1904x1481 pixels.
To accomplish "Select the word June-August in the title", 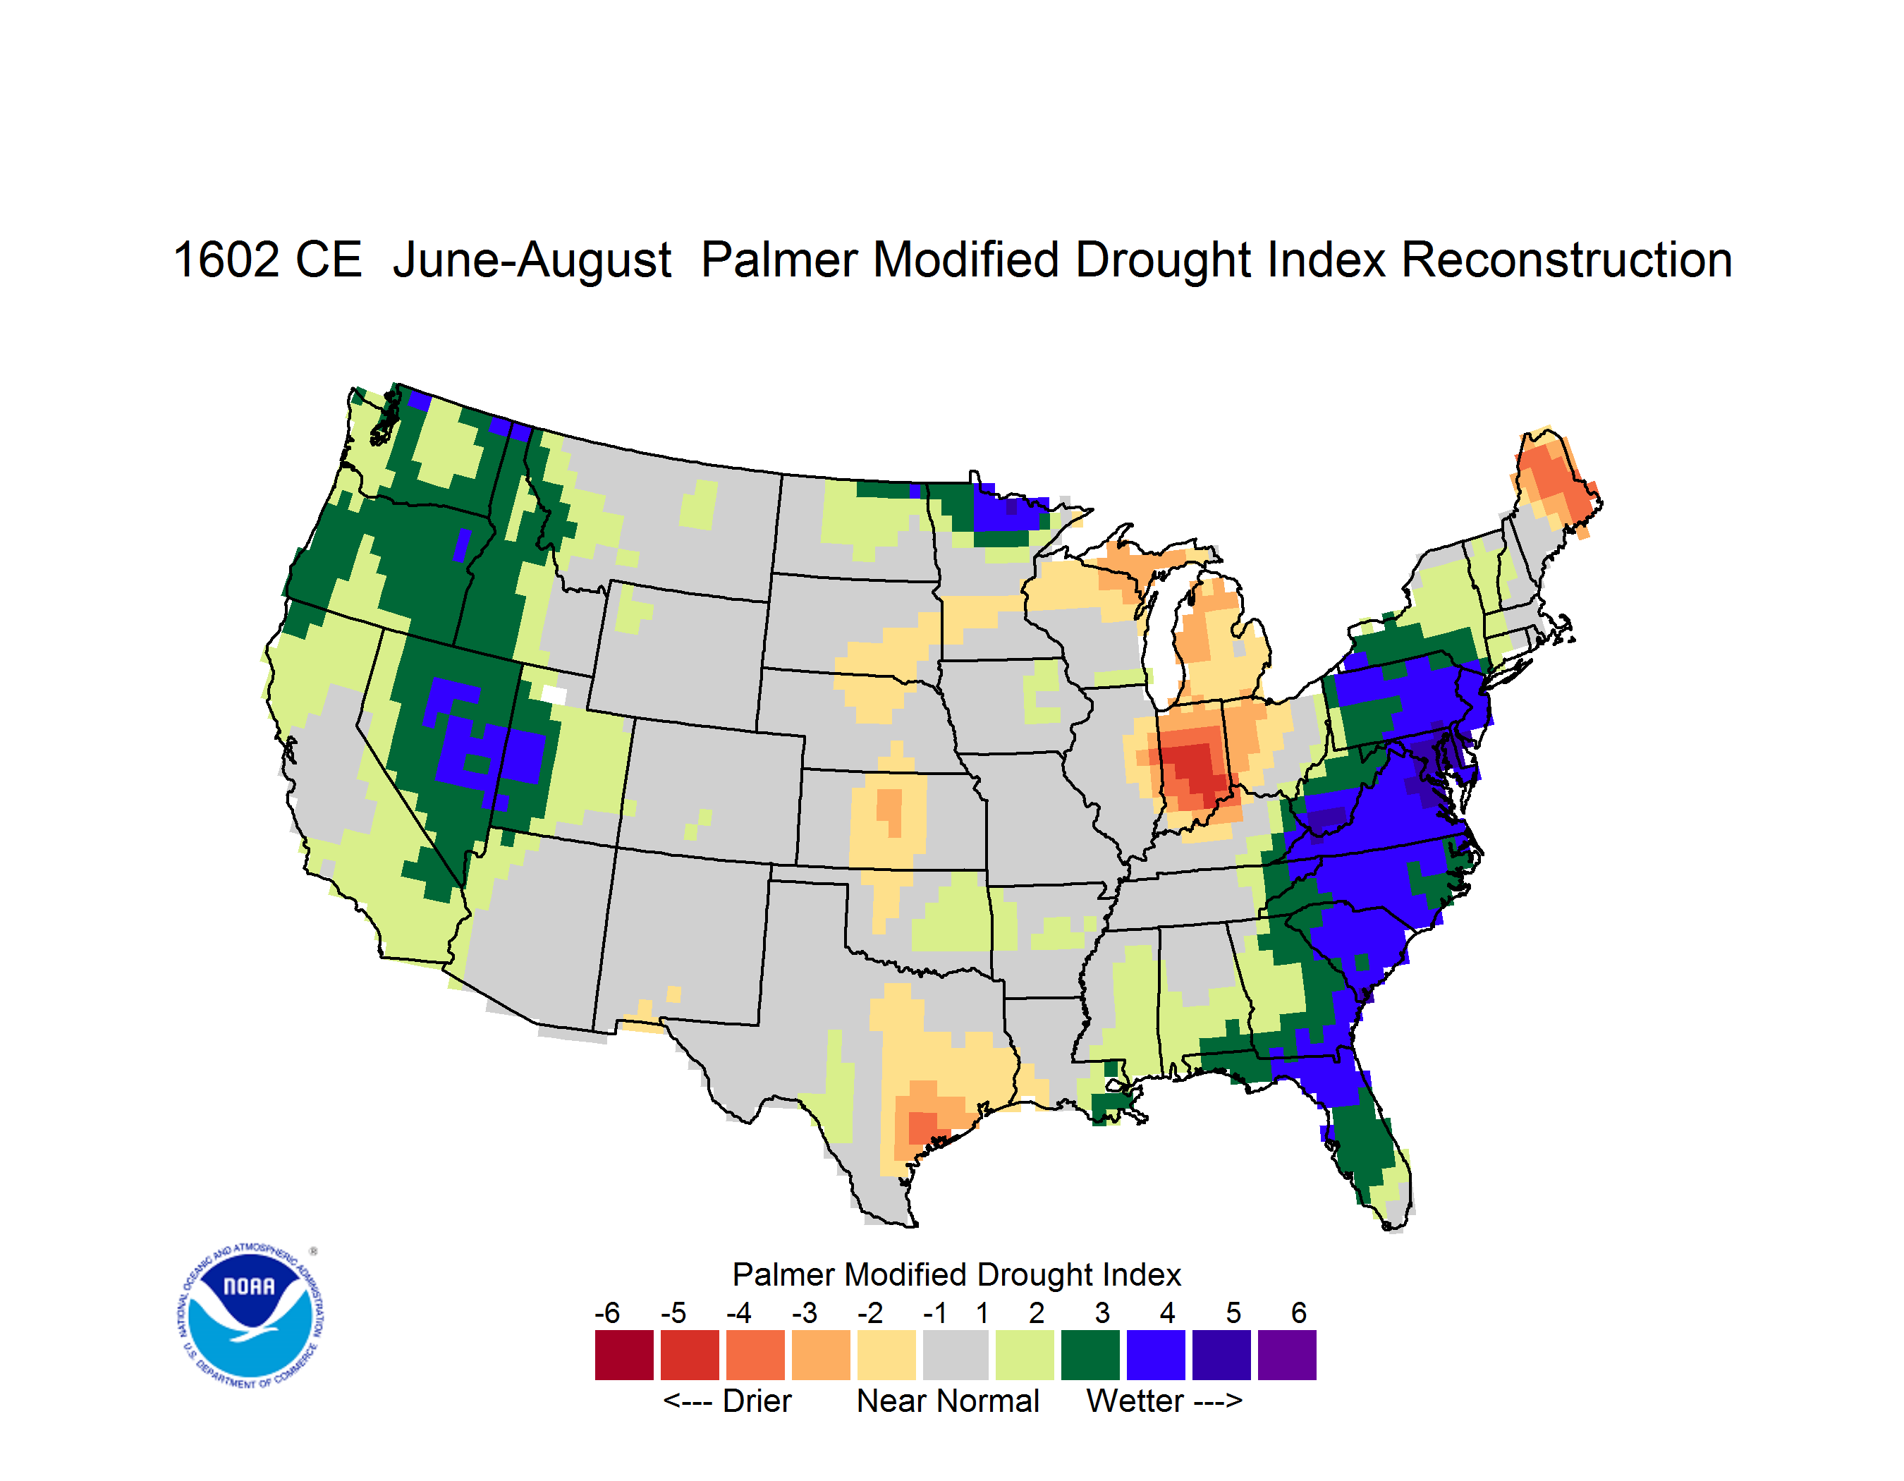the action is (532, 261).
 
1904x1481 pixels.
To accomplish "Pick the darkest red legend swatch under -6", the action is (624, 1355).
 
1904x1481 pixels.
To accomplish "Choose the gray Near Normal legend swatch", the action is (956, 1355).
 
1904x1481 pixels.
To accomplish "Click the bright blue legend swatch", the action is (1156, 1355).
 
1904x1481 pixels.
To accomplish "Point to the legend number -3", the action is (805, 1312).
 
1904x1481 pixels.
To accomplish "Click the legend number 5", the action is (1233, 1312).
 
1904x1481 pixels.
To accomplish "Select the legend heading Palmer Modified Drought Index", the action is (956, 1275).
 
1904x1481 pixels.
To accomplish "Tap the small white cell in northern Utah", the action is (554, 695).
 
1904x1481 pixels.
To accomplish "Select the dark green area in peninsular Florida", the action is (1360, 1142).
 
